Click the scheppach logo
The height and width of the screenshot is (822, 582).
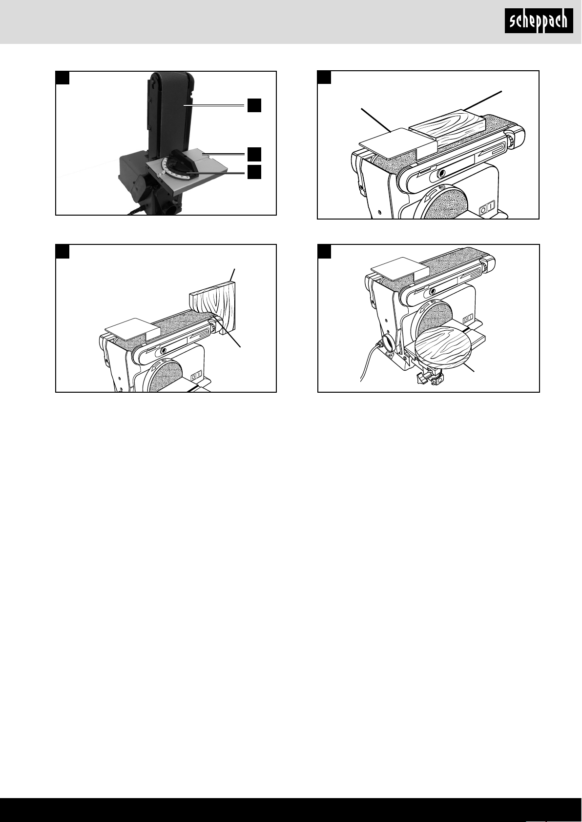[539, 21]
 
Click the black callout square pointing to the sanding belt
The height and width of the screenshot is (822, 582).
[254, 105]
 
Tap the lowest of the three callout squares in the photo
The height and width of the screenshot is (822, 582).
[254, 172]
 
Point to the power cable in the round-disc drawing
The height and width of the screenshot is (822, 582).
[369, 361]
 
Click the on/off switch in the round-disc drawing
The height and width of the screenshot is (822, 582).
[469, 319]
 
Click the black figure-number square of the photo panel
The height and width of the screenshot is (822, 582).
[62, 78]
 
